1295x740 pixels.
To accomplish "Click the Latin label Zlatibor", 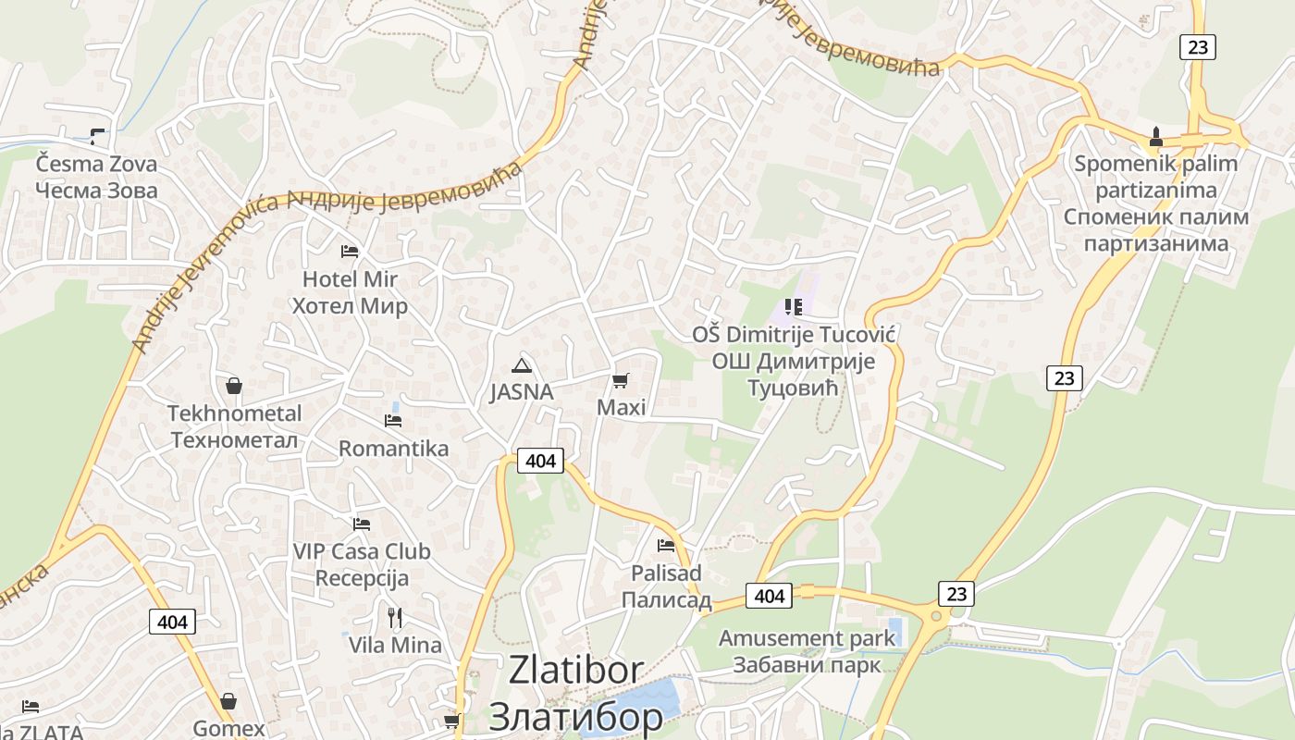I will (576, 671).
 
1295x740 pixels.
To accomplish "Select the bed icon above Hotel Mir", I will (350, 251).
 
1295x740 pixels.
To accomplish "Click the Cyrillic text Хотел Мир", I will (350, 306).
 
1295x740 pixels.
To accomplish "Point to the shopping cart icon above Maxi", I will (621, 380).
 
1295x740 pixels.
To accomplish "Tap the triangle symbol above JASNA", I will (522, 364).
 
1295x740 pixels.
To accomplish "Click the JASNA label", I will (522, 392).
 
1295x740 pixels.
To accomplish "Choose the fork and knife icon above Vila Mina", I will (395, 617).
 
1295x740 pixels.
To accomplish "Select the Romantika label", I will (393, 449).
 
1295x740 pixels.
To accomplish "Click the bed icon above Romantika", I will (393, 421).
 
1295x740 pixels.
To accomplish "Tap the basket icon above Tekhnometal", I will (234, 385).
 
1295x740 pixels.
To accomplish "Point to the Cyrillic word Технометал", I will (235, 440).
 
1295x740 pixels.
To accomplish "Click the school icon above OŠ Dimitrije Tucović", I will (793, 306).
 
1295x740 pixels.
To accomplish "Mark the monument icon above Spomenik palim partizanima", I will (1155, 137).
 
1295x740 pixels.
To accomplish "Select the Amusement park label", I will (807, 638).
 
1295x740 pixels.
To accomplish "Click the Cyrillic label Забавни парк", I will (807, 665).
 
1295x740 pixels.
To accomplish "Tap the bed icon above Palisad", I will (666, 545).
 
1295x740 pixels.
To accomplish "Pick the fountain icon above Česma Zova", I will (97, 136).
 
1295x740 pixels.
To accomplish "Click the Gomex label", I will (228, 729).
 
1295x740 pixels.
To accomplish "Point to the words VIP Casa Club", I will (362, 551).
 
